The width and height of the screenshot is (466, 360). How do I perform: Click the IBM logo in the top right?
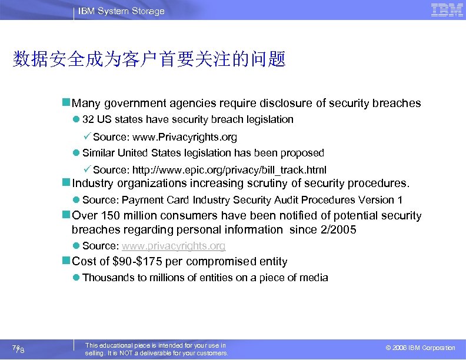click(447, 10)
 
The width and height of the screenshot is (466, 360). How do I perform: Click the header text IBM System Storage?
click(121, 11)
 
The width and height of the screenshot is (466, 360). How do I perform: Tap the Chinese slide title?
click(149, 59)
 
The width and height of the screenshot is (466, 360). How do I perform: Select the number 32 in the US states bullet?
click(88, 119)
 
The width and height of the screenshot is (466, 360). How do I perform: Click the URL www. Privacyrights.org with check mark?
click(185, 137)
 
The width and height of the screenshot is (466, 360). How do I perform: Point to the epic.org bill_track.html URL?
click(229, 170)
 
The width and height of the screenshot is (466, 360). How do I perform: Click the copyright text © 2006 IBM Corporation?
click(420, 348)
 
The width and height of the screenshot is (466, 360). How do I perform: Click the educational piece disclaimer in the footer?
click(157, 349)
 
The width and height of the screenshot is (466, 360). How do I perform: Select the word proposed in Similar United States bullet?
click(303, 153)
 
